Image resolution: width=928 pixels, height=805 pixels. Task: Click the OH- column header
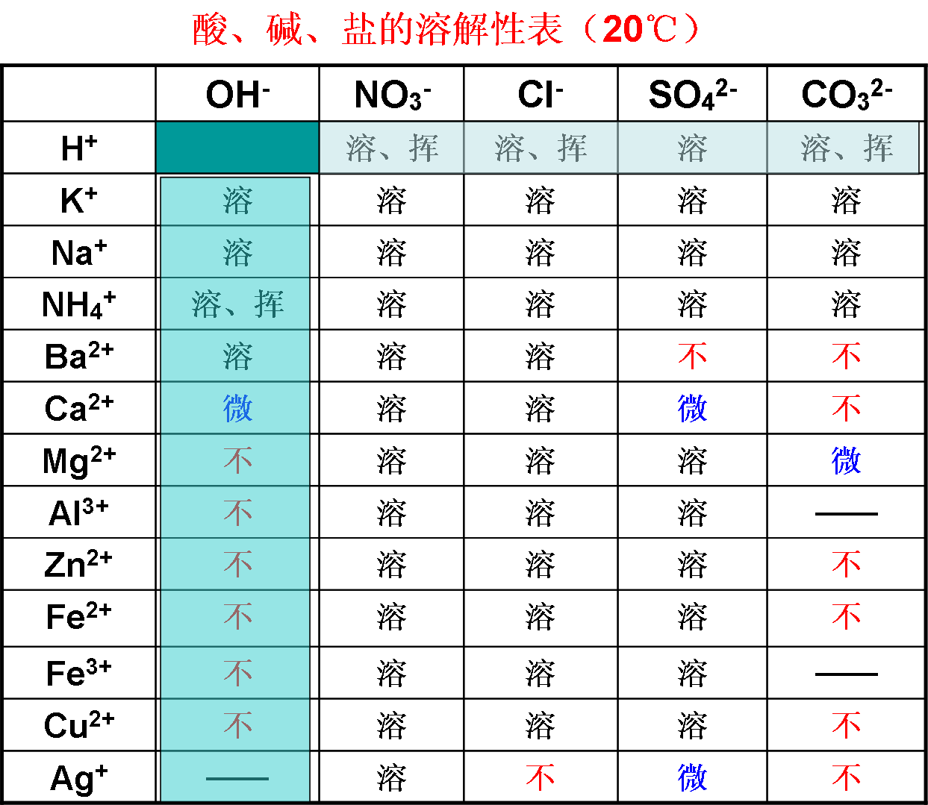coord(237,94)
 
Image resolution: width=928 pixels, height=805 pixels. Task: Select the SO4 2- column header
coord(693,94)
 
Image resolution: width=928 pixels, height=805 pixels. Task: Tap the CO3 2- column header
coord(847,94)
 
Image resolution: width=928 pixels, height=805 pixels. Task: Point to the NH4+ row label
coord(79,304)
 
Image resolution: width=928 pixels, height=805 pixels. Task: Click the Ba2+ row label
coord(79,356)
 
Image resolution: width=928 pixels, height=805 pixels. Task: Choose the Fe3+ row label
coord(79,673)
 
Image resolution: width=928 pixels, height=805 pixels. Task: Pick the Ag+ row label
coord(79,779)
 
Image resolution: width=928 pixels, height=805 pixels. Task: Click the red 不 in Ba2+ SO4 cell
coord(693,356)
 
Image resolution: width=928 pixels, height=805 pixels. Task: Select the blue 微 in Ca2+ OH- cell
coord(237,408)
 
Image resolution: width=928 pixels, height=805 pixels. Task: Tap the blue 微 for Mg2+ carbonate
coord(847,460)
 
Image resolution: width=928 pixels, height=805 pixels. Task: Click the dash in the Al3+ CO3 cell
coord(847,514)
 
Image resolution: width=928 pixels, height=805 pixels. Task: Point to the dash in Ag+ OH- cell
coord(237,779)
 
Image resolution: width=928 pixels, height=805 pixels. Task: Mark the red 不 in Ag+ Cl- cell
coord(541,777)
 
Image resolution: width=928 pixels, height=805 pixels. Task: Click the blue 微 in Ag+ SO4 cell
coord(693,778)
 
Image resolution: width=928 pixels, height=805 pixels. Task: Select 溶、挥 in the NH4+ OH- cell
coord(237,304)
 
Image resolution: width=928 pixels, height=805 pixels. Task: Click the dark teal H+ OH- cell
coord(237,147)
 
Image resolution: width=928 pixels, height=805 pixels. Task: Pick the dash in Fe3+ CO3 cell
coord(847,674)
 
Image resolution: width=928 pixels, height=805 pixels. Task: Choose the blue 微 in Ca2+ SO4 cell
coord(693,408)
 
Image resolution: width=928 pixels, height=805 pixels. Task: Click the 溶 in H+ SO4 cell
coord(693,148)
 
